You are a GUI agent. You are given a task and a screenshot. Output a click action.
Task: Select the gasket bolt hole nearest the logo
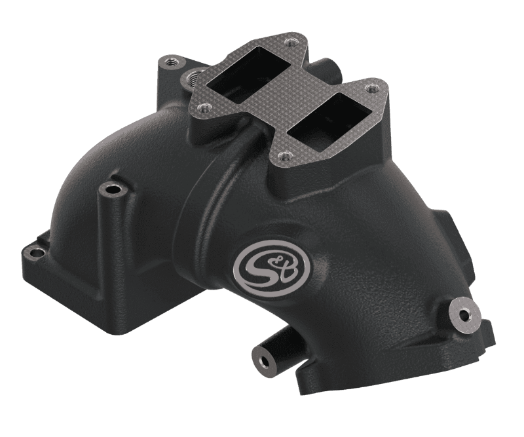point(282,155)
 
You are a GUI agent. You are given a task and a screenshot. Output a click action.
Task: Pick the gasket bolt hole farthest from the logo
point(290,43)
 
